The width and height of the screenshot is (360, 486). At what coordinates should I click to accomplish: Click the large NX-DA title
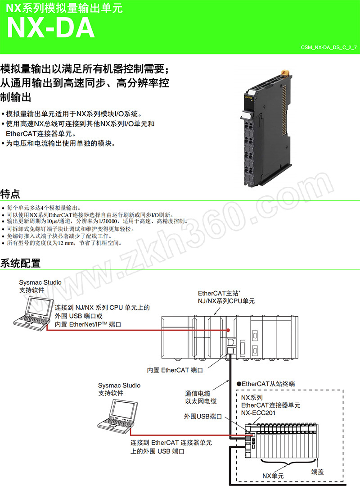(51, 28)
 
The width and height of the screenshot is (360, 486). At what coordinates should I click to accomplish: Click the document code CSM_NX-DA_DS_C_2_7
(329, 47)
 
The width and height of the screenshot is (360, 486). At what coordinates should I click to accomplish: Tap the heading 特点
(10, 194)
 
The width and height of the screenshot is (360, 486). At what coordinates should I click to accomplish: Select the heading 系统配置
(20, 263)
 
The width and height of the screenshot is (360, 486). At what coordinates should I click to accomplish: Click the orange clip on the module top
(286, 73)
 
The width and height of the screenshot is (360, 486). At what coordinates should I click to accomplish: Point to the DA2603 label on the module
(248, 97)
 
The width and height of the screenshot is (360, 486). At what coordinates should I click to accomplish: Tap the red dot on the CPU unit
(228, 330)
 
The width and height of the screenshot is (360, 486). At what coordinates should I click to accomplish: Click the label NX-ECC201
(258, 413)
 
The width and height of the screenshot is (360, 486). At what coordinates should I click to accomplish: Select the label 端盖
(317, 472)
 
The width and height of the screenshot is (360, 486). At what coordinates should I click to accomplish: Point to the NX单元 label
(273, 476)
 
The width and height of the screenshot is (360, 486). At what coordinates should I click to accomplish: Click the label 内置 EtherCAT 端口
(175, 370)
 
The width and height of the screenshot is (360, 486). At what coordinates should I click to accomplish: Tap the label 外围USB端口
(203, 416)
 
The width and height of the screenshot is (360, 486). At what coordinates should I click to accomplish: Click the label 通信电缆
(198, 393)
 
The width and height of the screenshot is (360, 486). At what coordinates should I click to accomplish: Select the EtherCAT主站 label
(219, 293)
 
